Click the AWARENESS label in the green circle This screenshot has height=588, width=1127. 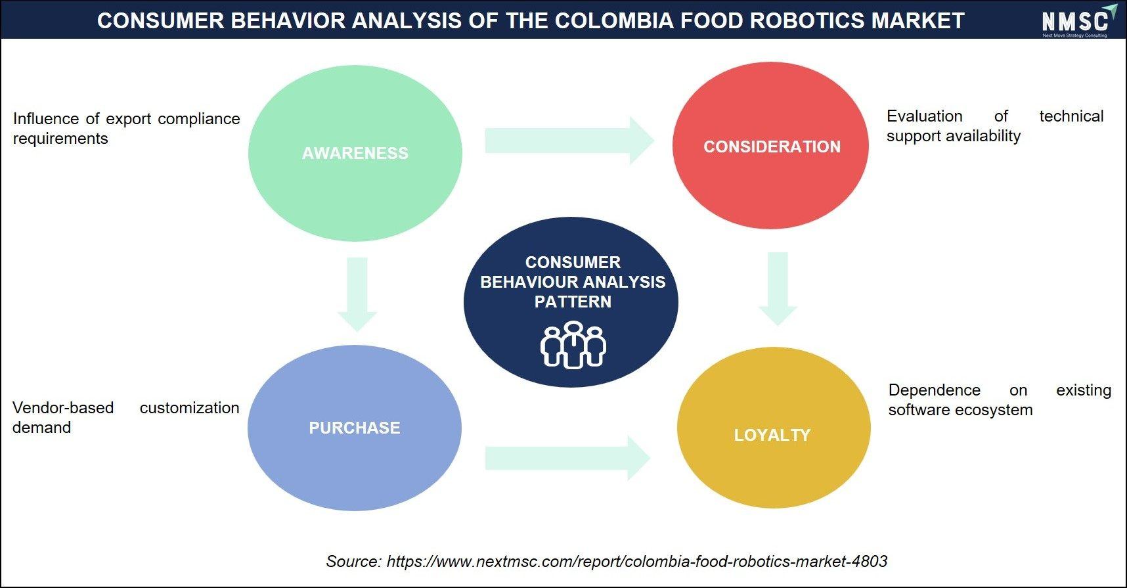click(x=355, y=153)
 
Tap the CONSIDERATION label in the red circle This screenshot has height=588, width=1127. click(x=772, y=147)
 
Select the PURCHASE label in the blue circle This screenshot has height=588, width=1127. click(x=354, y=428)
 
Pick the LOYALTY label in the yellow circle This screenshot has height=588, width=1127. click(x=772, y=435)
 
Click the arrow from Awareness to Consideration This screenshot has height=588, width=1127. click(x=569, y=141)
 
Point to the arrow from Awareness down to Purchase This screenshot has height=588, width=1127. click(x=357, y=294)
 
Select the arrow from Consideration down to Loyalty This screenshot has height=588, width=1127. click(x=778, y=289)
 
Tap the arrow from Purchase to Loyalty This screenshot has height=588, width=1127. click(x=567, y=458)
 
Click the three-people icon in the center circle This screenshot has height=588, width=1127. click(x=573, y=344)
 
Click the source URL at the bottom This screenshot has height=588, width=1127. click(x=637, y=561)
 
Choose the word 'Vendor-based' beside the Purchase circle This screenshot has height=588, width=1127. click(x=63, y=408)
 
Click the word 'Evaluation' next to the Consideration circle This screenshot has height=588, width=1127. click(x=925, y=116)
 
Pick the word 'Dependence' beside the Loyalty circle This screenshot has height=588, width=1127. click(x=935, y=390)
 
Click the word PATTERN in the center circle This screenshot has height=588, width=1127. click(x=573, y=302)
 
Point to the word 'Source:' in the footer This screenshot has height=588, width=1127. click(x=353, y=561)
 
